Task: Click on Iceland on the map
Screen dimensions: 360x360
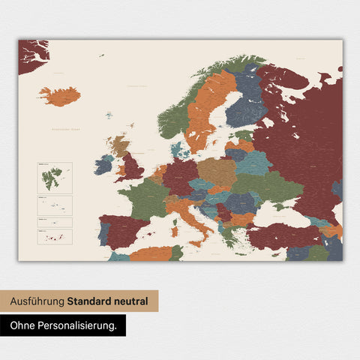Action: click(x=60, y=96)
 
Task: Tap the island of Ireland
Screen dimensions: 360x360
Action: click(x=103, y=164)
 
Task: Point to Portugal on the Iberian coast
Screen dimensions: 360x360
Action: click(x=103, y=233)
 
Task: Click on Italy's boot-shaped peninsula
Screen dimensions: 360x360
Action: click(x=187, y=217)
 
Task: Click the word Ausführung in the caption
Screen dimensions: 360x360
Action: click(x=37, y=301)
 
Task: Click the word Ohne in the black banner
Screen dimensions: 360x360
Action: click(x=24, y=325)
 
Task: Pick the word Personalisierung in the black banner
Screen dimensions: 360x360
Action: click(x=79, y=325)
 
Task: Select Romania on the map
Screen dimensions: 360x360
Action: click(x=242, y=202)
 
